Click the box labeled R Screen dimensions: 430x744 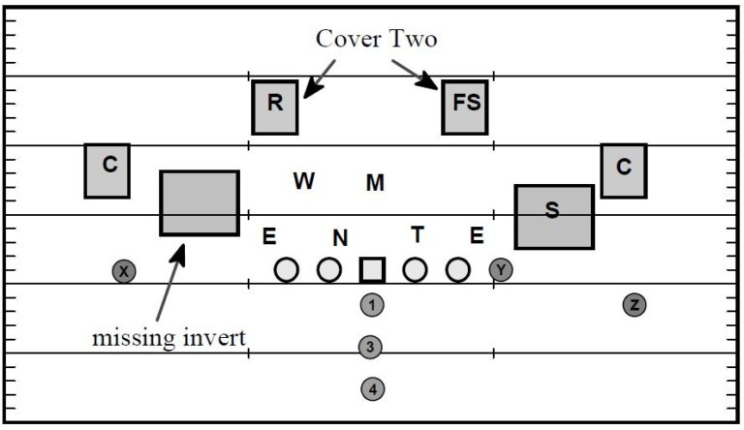click(x=275, y=107)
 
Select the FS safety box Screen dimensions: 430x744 click(x=465, y=107)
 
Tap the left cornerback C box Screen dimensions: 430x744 click(x=108, y=170)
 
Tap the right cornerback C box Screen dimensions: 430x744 click(x=623, y=171)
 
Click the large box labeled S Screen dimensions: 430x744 click(x=553, y=216)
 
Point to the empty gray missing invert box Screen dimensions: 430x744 click(x=199, y=202)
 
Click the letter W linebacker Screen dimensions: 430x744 click(x=304, y=180)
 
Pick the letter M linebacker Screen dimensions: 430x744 click(x=375, y=182)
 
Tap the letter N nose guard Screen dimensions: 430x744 click(x=339, y=236)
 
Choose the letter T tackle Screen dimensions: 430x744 click(x=418, y=233)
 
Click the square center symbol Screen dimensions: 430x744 click(x=373, y=270)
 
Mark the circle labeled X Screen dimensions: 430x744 click(x=123, y=272)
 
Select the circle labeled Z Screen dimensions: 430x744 click(x=635, y=305)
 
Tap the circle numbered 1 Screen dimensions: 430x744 click(x=372, y=305)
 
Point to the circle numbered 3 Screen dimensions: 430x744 click(x=369, y=347)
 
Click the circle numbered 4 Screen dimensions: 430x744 click(x=372, y=389)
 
